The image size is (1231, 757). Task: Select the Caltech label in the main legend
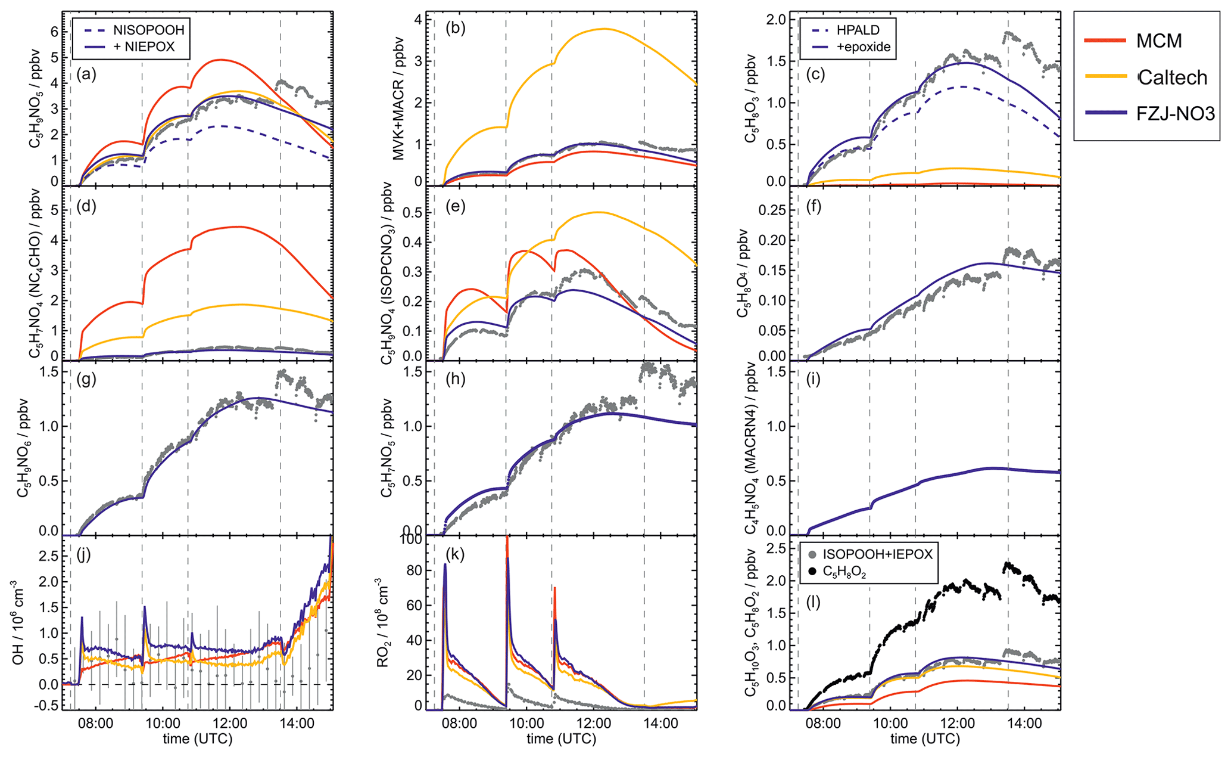(x=1172, y=77)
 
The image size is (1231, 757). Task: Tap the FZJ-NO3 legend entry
(x=1175, y=113)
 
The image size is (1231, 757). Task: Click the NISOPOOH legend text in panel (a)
(x=149, y=30)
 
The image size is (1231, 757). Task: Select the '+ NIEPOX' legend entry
(x=144, y=46)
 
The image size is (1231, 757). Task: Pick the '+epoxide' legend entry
(x=864, y=46)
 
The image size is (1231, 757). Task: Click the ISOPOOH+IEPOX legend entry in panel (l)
(x=877, y=554)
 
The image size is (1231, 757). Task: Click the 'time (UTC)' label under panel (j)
(x=198, y=739)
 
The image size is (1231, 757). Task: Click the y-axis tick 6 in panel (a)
(x=55, y=33)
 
